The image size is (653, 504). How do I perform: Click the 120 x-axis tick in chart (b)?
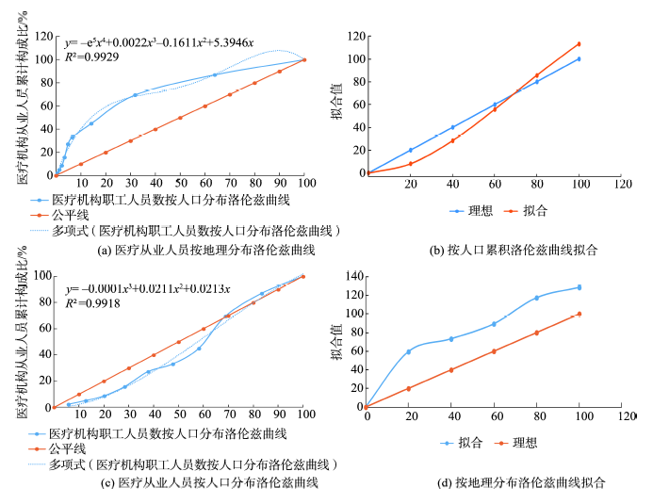tap(621, 183)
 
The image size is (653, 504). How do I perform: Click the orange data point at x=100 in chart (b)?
tap(579, 43)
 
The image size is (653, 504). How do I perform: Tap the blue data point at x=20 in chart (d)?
tap(409, 351)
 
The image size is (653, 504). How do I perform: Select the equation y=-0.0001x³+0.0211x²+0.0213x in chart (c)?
tap(148, 286)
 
